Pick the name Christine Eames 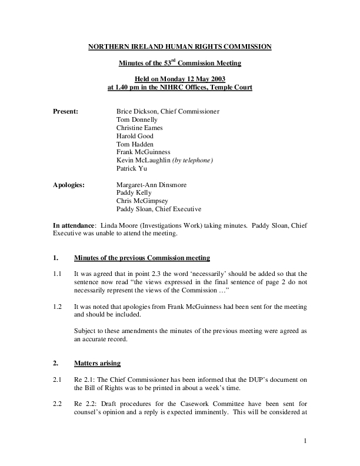139,127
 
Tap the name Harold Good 135,135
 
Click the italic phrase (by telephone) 192,160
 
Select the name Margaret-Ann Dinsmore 152,185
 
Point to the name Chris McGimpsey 141,201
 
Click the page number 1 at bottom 306,440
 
